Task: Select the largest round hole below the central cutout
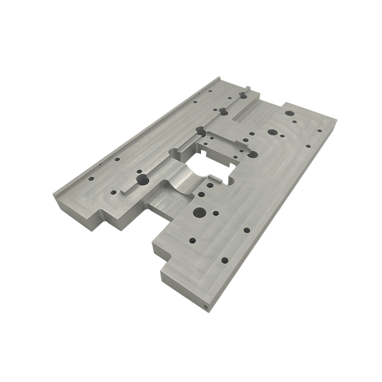pyautogui.click(x=199, y=213)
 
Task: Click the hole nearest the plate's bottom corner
pyautogui.click(x=224, y=260)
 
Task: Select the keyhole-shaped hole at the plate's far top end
pyautogui.click(x=242, y=94)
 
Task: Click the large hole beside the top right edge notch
pyautogui.click(x=289, y=114)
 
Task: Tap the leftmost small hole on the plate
pyautogui.click(x=91, y=178)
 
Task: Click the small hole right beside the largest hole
pyautogui.click(x=215, y=213)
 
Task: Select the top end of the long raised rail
pyautogui.click(x=218, y=79)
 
